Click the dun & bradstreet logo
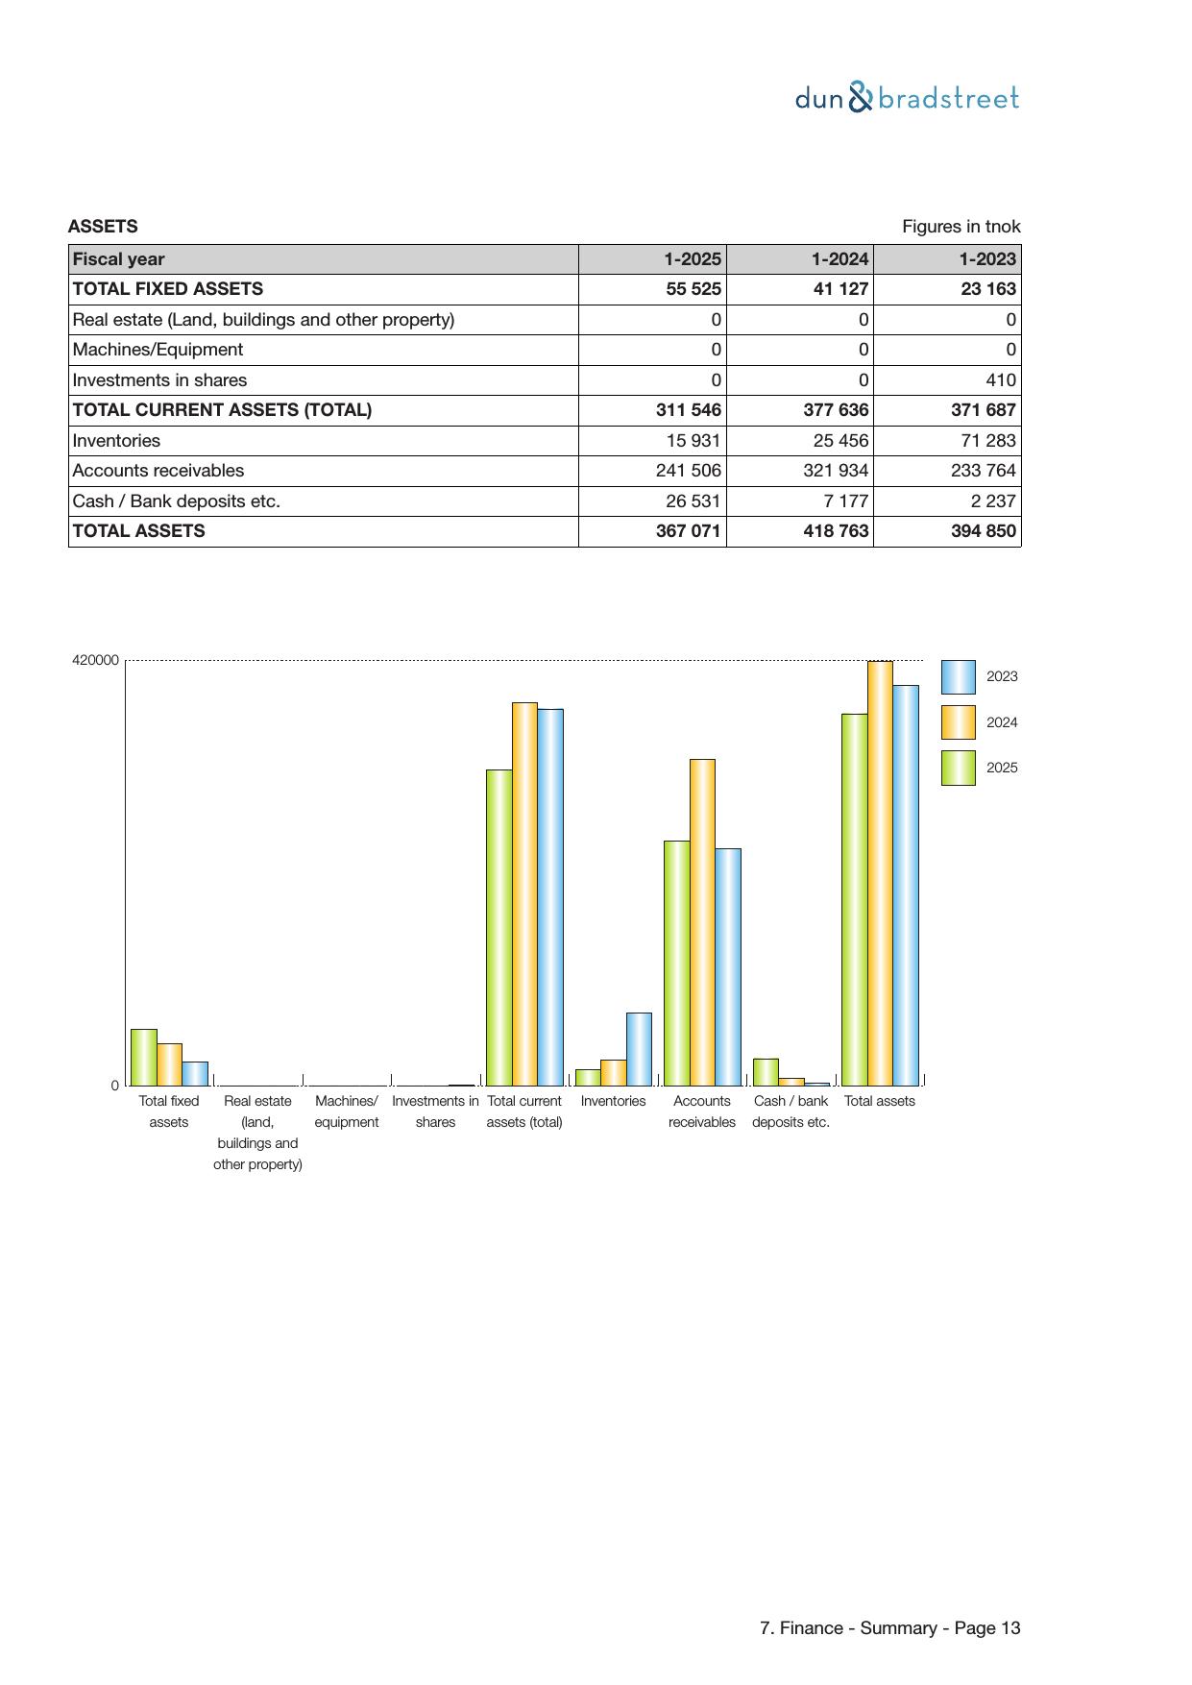907,98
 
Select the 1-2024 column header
839,259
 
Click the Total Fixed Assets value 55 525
693,289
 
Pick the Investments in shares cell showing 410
1000,380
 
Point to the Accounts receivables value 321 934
836,471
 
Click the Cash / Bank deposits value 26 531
693,501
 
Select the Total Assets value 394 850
984,531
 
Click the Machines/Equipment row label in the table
158,350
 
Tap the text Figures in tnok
961,227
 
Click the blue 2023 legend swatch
958,677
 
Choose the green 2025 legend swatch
958,768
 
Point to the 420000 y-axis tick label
95,660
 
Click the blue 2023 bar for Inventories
639,1049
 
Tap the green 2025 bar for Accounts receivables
676,963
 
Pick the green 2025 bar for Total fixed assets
144,1057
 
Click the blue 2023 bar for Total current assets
550,897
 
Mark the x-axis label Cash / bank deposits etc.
791,1111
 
